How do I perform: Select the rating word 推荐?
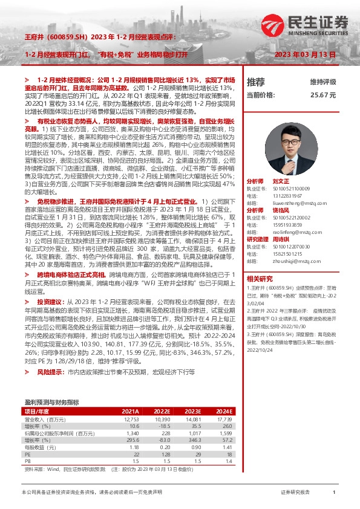click(256, 82)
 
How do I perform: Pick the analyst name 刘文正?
click(281, 181)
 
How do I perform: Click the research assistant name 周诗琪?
click(281, 239)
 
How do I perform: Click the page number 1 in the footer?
click(335, 493)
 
